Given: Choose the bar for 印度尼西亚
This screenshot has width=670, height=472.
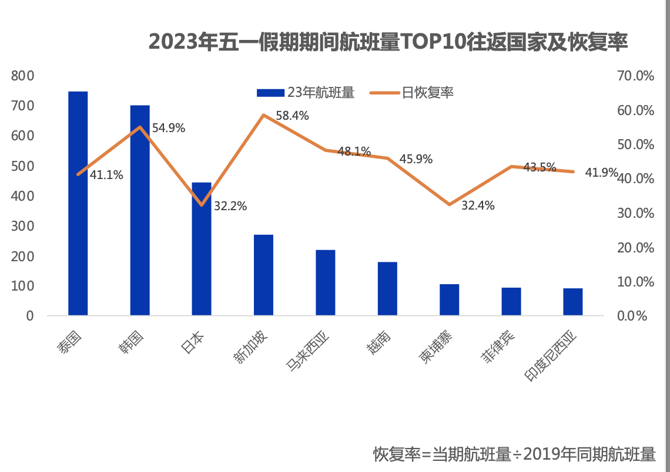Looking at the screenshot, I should (x=573, y=302).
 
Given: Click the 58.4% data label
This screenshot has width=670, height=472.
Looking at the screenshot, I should (x=292, y=116).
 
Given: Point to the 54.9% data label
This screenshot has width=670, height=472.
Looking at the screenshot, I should (x=169, y=127).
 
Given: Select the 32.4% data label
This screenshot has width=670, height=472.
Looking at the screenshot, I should (x=478, y=205).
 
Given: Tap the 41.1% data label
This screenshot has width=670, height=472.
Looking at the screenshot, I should (x=106, y=174).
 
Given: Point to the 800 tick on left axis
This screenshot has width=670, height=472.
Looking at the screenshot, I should (x=23, y=76).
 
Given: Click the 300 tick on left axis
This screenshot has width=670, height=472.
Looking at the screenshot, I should (x=23, y=226).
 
